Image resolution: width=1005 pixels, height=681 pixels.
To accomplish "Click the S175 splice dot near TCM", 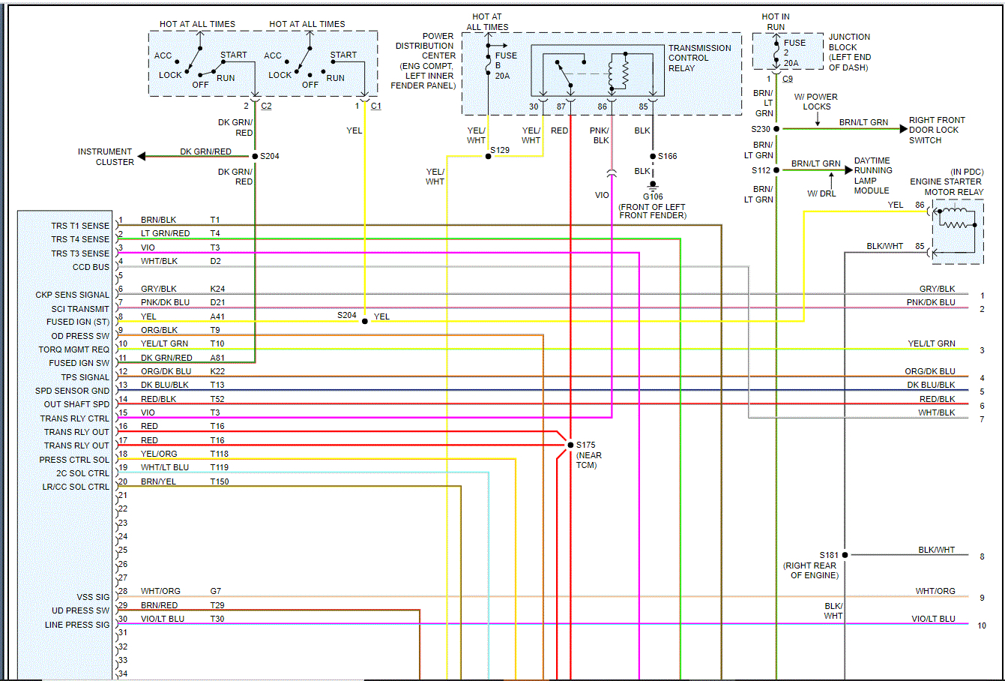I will [x=570, y=445].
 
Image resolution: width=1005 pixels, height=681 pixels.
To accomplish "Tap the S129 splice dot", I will [x=488, y=156].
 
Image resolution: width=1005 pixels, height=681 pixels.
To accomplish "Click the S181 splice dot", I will [x=845, y=555].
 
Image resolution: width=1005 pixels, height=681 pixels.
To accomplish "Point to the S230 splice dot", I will [x=776, y=129].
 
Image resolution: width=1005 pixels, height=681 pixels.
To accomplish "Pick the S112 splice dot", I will [x=776, y=170].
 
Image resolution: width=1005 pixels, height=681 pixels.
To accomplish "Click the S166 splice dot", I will [x=653, y=156].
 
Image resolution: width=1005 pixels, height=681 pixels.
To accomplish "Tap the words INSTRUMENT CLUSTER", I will [x=105, y=157].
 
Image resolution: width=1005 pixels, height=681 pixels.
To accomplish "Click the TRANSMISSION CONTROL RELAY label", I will [x=699, y=58].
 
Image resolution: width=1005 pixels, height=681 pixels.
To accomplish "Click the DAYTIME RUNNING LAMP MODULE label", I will [x=872, y=175].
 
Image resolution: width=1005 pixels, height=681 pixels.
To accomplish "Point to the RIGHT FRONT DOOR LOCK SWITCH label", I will [x=936, y=130].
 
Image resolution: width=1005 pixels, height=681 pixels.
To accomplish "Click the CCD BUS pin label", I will [x=91, y=267].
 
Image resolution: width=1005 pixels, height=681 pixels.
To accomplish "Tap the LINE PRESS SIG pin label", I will [x=77, y=625].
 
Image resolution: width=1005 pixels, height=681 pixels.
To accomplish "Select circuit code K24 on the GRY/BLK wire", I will [x=217, y=289].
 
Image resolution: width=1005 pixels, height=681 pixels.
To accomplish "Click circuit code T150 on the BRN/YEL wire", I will [x=220, y=481].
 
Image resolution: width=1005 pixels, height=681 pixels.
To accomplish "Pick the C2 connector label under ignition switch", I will [x=266, y=106].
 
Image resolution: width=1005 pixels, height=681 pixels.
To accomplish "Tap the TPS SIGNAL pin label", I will [x=85, y=377].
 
